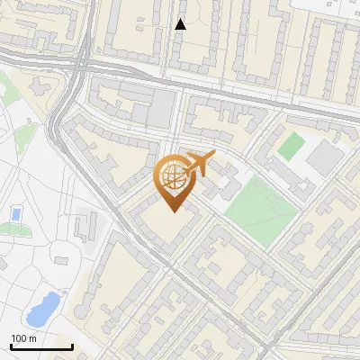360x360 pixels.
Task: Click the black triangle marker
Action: click(180, 24)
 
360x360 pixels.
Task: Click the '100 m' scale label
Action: click(23, 337)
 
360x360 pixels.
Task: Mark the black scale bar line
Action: click(40, 346)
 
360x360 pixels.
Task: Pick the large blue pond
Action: click(43, 310)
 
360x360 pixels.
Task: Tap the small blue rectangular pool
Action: click(15, 214)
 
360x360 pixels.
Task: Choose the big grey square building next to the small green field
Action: click(325, 158)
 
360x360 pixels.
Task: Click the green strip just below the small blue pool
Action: click(13, 229)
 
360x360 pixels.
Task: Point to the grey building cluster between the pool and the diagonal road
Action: click(85, 225)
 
